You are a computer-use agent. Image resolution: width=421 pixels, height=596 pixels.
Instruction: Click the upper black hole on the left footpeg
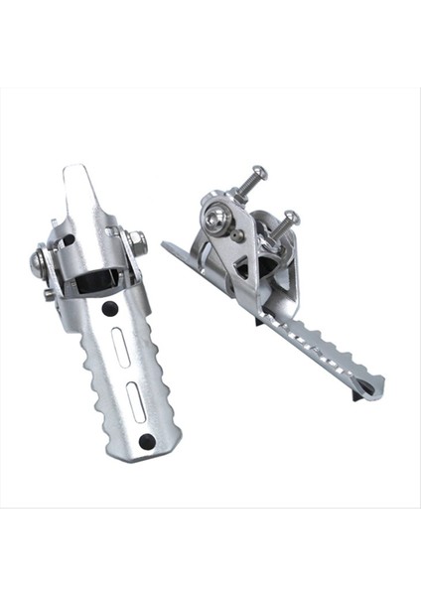[x=110, y=308]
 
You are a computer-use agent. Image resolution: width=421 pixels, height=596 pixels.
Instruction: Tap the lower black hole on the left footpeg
[x=147, y=441]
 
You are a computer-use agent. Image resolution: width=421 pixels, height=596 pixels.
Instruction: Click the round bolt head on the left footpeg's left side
[x=39, y=263]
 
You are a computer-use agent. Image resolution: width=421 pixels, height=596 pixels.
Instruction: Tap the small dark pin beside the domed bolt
[x=239, y=235]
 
